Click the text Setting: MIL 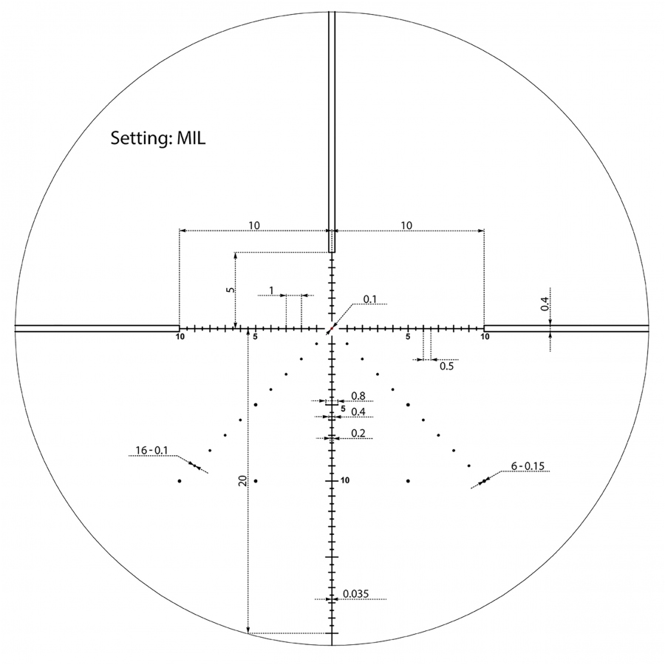point(158,138)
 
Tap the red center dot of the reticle point(332,328)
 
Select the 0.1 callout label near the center point(370,299)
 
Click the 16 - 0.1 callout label point(151,451)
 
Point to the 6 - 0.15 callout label point(528,466)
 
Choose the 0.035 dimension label point(356,594)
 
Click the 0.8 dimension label point(358,396)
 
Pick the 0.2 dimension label point(358,433)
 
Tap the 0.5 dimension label point(446,366)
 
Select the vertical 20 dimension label point(242,480)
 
